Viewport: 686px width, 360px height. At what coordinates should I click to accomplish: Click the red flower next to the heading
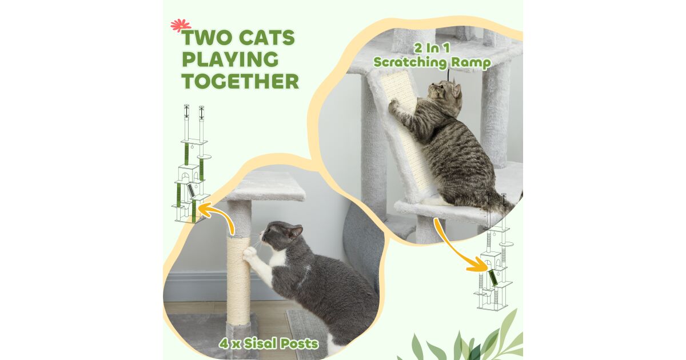[181, 25]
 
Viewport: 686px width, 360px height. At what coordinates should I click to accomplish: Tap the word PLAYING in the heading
[230, 59]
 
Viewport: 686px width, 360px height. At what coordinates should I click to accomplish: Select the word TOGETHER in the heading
[241, 81]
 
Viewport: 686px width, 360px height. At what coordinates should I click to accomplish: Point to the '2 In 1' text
[432, 49]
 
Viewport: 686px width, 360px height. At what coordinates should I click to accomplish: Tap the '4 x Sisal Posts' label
[269, 343]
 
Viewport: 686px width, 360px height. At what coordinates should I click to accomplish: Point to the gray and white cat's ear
[297, 231]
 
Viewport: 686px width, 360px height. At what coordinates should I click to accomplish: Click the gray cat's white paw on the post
[250, 252]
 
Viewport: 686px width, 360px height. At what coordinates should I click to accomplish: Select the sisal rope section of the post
[238, 282]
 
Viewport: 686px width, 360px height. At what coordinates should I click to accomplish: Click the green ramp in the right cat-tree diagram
[493, 278]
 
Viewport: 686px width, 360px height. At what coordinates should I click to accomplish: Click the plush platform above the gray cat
[266, 186]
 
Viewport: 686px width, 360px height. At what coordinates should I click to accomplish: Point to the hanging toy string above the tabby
[449, 74]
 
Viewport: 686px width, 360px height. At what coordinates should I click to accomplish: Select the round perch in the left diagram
[205, 157]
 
